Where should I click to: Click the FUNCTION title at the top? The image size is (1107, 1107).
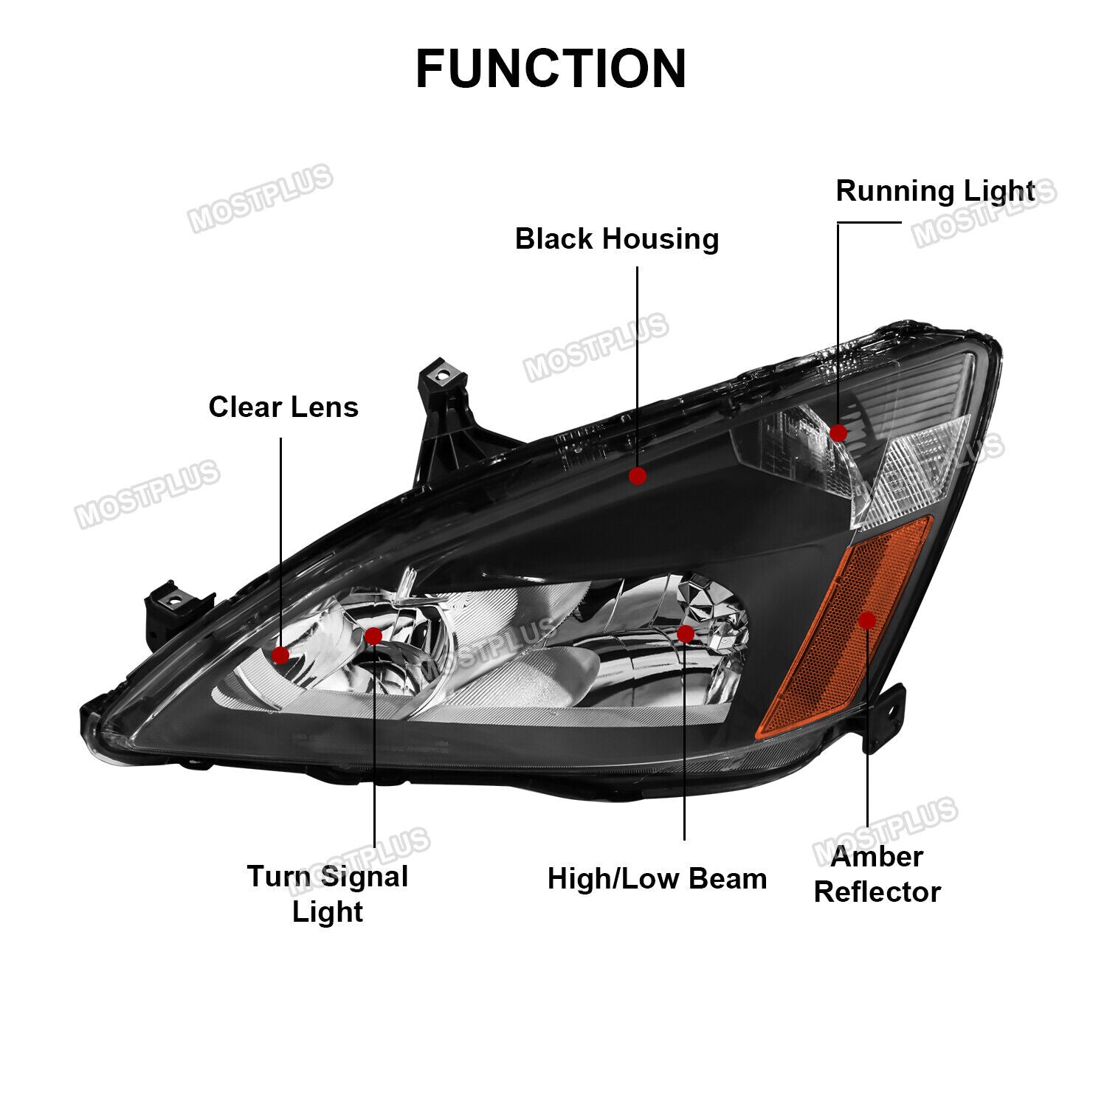(551, 69)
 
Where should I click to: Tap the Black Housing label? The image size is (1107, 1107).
(617, 239)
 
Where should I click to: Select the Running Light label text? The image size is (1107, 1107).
(935, 191)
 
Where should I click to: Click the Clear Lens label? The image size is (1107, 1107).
(283, 407)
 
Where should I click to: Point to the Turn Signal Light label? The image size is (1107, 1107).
(328, 894)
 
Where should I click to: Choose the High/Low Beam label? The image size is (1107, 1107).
(657, 879)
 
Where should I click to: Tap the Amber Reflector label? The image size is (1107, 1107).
(877, 875)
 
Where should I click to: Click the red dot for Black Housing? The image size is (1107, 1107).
(638, 476)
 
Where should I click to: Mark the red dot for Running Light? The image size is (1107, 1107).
(838, 433)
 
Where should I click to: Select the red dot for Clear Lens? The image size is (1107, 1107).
(280, 655)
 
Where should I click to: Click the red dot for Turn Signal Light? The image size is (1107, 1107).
(373, 636)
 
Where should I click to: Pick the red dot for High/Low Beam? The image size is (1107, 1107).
(685, 634)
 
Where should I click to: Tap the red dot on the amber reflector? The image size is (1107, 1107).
(867, 620)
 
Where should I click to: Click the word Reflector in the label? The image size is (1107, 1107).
(877, 892)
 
